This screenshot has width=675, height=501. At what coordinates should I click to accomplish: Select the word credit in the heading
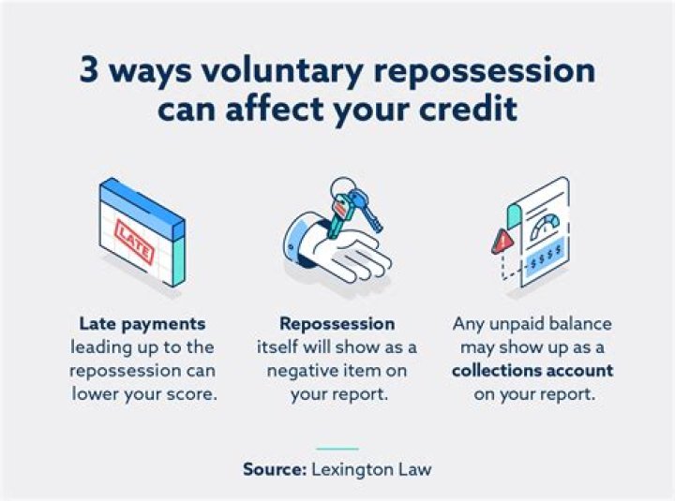coord(465,109)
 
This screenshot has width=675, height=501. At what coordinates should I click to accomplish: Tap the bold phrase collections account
coord(532,370)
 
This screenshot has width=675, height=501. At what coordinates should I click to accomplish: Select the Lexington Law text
coord(377,468)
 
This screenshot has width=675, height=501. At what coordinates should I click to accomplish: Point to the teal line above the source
coord(337,449)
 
